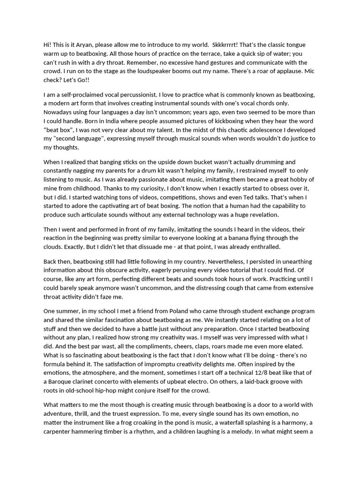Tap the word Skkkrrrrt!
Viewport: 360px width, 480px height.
[227, 45]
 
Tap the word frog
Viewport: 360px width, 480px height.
[160, 422]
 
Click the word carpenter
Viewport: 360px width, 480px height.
[59, 431]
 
